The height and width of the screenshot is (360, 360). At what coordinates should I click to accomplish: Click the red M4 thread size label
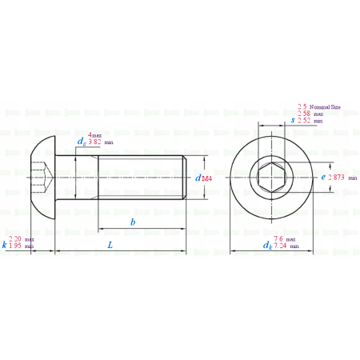pos(206,179)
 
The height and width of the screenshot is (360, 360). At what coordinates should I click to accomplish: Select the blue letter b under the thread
pos(133,220)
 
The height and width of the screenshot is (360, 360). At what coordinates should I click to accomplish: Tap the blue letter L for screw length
pos(110,246)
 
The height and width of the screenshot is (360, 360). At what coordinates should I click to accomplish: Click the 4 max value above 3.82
pos(95,135)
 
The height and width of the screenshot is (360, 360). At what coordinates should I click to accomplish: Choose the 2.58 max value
pos(310,114)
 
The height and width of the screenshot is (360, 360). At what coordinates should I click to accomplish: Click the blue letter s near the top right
pos(293,120)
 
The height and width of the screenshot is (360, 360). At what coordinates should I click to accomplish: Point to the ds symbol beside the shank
pos(81,142)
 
